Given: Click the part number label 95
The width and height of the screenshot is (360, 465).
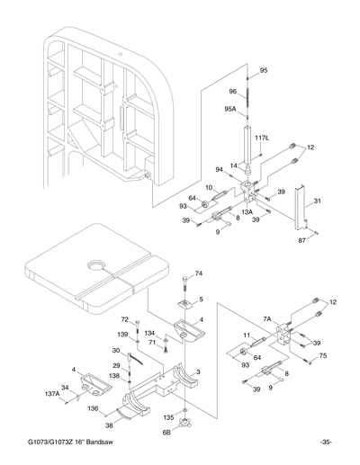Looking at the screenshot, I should click(x=264, y=70).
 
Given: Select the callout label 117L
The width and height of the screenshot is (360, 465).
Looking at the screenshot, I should click(x=263, y=138).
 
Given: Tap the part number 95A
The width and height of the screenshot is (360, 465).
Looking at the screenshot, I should click(x=230, y=109).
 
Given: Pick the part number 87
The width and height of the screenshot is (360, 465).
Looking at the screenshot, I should click(x=302, y=240).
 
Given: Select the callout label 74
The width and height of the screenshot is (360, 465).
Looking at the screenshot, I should click(x=199, y=273).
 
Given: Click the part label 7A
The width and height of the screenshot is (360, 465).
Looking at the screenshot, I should click(x=267, y=318).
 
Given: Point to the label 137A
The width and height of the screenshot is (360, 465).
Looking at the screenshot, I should click(x=52, y=394).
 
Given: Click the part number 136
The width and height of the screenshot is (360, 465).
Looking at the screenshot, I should click(x=93, y=409).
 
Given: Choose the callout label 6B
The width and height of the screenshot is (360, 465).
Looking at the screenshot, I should click(x=166, y=432).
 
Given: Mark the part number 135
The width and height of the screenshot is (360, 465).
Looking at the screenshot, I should click(x=168, y=417).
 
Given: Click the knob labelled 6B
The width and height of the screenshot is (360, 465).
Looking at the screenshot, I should click(x=186, y=422).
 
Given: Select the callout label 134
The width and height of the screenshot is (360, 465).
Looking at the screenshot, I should click(x=149, y=332).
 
